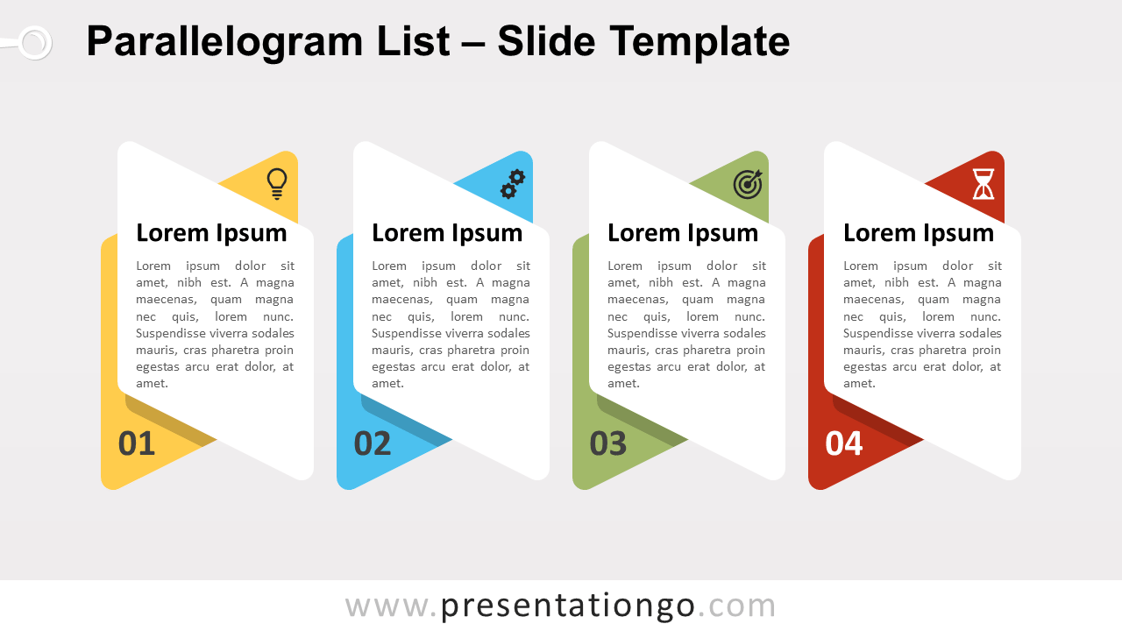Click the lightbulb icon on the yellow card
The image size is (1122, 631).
277,184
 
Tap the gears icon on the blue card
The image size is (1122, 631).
513,184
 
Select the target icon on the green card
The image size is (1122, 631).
748,184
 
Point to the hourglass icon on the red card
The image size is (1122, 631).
984,184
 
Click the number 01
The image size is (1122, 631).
136,443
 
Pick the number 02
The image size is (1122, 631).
373,443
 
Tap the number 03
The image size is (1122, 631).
608,443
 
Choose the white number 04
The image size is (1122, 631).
844,443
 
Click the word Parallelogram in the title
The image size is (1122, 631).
224,42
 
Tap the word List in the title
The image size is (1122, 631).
413,41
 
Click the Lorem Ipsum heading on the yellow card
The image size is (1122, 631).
211,233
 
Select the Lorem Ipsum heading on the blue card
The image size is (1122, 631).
447,233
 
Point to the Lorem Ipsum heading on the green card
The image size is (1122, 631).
683,233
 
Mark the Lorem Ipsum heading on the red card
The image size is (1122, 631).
919,233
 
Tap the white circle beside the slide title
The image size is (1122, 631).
34,43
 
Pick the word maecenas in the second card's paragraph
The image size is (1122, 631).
401,300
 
